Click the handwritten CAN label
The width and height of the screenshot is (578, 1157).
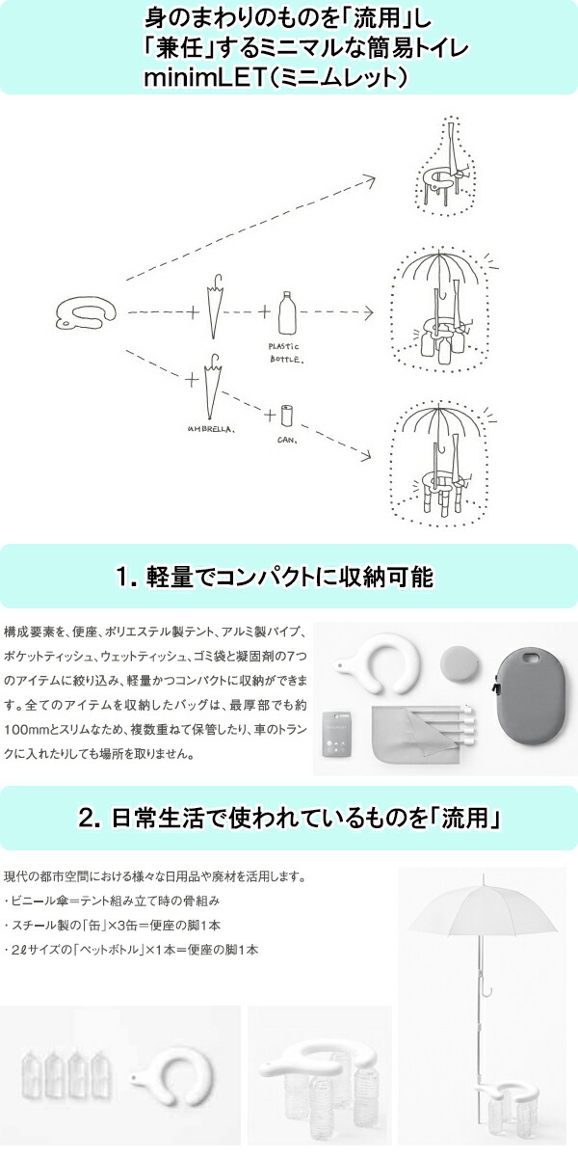[x=287, y=440]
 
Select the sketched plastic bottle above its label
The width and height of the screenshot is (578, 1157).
[x=287, y=313]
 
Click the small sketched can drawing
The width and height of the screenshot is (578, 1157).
[x=286, y=417]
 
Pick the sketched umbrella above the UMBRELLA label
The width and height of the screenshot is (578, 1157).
[x=212, y=386]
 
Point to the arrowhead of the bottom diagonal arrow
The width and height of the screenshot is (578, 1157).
[x=365, y=454]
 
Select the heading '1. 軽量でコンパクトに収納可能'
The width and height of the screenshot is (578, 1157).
[x=275, y=577]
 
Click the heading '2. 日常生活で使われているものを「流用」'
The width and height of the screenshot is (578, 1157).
[x=289, y=819]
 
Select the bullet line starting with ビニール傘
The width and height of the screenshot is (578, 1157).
[x=112, y=901]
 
